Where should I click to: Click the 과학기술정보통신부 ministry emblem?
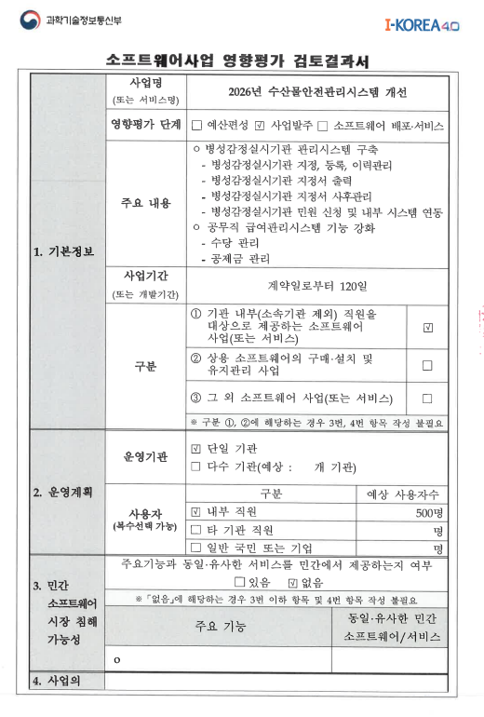click(x=33, y=20)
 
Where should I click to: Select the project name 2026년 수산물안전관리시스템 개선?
click(x=317, y=93)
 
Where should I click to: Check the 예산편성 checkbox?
click(x=196, y=125)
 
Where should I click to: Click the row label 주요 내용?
click(x=147, y=204)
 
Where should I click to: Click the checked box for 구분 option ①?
click(x=427, y=327)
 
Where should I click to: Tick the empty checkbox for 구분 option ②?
click(x=427, y=365)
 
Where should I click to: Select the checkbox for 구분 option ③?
click(x=427, y=399)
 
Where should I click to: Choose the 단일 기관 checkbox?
click(x=195, y=449)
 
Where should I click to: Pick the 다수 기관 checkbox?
click(x=195, y=467)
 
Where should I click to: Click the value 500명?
click(x=429, y=512)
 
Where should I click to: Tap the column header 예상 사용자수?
click(x=403, y=494)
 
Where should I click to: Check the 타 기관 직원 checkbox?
click(x=195, y=530)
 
